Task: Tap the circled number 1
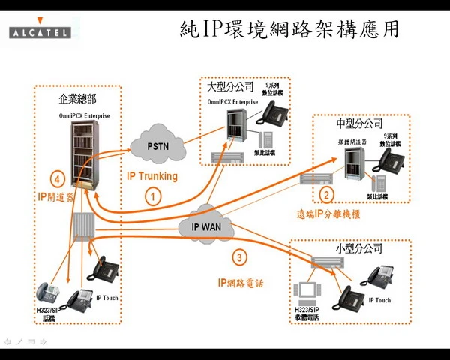pyautogui.click(x=153, y=197)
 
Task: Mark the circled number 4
pyautogui.click(x=56, y=179)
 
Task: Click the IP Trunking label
pyautogui.click(x=152, y=176)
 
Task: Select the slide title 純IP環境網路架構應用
pyautogui.click(x=289, y=31)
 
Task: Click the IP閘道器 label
pyautogui.click(x=55, y=196)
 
